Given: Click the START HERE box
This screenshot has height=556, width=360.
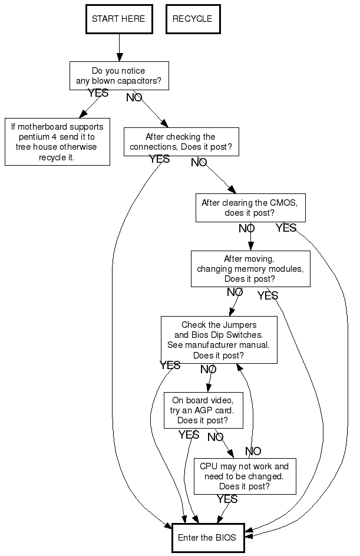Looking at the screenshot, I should (x=118, y=19).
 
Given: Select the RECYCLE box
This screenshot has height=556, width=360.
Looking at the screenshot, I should (x=192, y=19).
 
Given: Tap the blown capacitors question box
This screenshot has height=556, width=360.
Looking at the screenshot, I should (x=119, y=75).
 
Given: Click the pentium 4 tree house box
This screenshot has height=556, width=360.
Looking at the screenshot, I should (x=57, y=142).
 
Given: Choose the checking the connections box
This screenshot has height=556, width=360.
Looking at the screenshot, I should (x=181, y=142).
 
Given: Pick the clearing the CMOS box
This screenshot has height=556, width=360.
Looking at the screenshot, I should (x=250, y=208).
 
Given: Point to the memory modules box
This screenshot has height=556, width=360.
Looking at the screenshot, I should (x=250, y=269).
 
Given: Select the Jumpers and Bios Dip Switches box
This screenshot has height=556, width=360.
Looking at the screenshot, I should (x=219, y=340).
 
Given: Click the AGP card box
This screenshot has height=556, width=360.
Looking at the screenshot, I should (x=203, y=410).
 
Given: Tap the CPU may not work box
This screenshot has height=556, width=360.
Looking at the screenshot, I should (x=245, y=476).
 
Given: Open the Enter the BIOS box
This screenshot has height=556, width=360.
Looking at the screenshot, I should (x=207, y=537).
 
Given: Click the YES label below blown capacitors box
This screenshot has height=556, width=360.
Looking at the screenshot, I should (x=98, y=93).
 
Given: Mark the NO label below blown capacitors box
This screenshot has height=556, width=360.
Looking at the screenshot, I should (x=134, y=97).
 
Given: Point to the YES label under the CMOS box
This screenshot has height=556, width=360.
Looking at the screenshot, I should (x=286, y=228).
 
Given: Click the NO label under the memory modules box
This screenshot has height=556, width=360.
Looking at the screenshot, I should (x=235, y=292).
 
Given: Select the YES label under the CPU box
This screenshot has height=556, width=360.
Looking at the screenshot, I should (x=227, y=499).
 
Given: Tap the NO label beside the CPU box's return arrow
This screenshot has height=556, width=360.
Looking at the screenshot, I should (x=253, y=451).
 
